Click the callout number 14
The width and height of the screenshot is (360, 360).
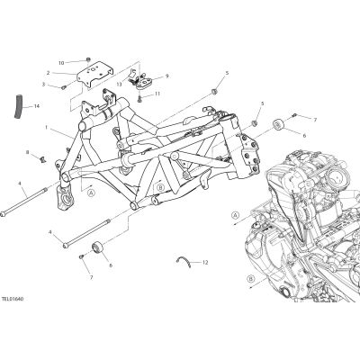click(x=37, y=106)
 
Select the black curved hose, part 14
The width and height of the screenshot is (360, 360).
click(x=18, y=106)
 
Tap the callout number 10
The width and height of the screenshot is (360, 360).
click(x=61, y=63)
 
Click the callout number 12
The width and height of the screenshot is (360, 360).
click(x=205, y=263)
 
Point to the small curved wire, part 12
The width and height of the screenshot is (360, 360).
click(x=184, y=261)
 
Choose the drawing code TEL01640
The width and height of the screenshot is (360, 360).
click(x=13, y=299)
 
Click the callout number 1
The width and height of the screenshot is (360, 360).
click(x=47, y=128)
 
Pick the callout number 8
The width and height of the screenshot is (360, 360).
click(x=27, y=152)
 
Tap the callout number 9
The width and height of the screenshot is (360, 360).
click(x=167, y=76)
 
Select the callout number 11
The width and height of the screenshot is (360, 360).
click(x=157, y=94)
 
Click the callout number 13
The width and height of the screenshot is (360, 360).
click(x=120, y=85)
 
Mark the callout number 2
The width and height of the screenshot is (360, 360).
click(x=48, y=73)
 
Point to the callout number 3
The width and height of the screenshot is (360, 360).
click(x=43, y=85)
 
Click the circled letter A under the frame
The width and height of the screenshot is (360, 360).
click(x=92, y=193)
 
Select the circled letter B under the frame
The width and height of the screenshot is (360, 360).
click(x=161, y=188)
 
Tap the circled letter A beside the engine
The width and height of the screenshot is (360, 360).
click(x=236, y=215)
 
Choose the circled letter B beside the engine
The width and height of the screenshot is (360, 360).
click(x=251, y=279)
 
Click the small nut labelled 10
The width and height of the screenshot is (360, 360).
click(x=88, y=59)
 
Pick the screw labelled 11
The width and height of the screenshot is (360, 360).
click(x=139, y=98)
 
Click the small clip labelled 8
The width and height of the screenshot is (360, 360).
click(x=43, y=158)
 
